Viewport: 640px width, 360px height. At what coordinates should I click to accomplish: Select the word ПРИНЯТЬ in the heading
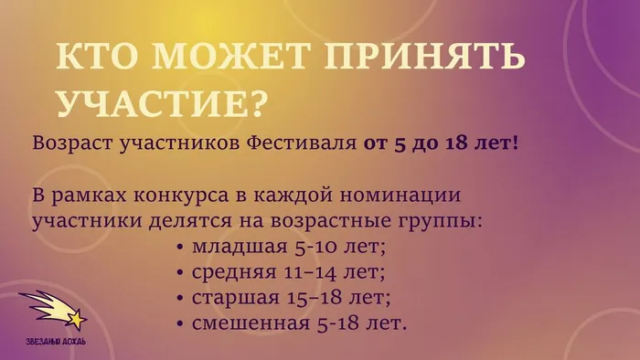(x=411, y=58)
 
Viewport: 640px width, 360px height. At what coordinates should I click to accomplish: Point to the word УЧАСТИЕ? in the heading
(x=164, y=102)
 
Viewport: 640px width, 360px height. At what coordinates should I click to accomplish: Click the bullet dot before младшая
(x=183, y=248)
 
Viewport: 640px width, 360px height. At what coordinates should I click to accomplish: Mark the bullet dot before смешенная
(x=183, y=323)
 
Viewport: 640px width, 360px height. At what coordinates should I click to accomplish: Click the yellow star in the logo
(x=77, y=319)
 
